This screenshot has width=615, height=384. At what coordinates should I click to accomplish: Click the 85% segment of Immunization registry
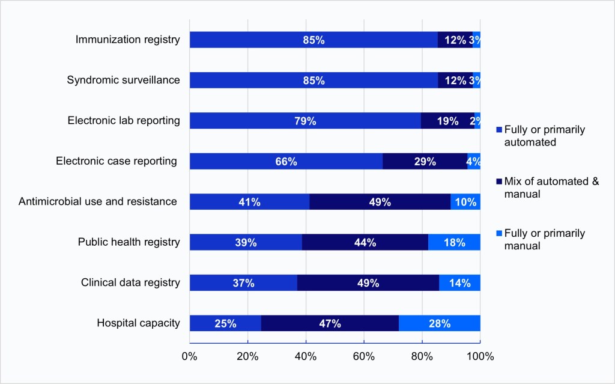[x=314, y=40]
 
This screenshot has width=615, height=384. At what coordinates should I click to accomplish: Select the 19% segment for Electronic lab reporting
[x=447, y=121]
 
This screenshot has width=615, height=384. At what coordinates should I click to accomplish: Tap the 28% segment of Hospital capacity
[x=440, y=323]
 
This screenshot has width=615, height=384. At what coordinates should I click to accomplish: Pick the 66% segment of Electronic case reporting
[x=286, y=161]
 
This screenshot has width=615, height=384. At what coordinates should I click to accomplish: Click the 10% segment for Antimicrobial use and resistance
[x=465, y=202]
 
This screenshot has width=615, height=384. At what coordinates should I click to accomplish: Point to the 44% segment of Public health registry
[x=365, y=242]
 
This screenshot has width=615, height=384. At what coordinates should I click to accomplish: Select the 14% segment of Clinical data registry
[x=459, y=283]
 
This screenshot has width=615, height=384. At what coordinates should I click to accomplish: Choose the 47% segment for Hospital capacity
[x=330, y=323]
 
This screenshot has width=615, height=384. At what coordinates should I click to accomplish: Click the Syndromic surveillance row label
[x=123, y=80]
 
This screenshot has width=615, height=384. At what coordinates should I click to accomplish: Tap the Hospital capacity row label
[x=138, y=323]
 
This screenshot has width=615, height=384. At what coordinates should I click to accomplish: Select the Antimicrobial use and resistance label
[x=98, y=201]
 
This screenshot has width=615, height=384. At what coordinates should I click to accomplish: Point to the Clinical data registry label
[x=130, y=282]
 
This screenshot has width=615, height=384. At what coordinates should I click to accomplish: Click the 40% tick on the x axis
[x=306, y=356]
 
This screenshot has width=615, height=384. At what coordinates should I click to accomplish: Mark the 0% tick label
[x=190, y=356]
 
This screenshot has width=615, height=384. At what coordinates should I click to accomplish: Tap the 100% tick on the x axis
[x=480, y=356]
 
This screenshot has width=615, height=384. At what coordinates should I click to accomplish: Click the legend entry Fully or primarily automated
[x=544, y=135]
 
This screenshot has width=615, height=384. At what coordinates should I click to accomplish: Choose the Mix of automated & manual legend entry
[x=551, y=187]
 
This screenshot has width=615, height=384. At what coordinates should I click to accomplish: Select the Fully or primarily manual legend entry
[x=544, y=239]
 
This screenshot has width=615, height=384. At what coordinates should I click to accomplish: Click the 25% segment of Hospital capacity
[x=225, y=323]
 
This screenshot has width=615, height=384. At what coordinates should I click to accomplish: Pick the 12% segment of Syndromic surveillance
[x=455, y=81]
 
